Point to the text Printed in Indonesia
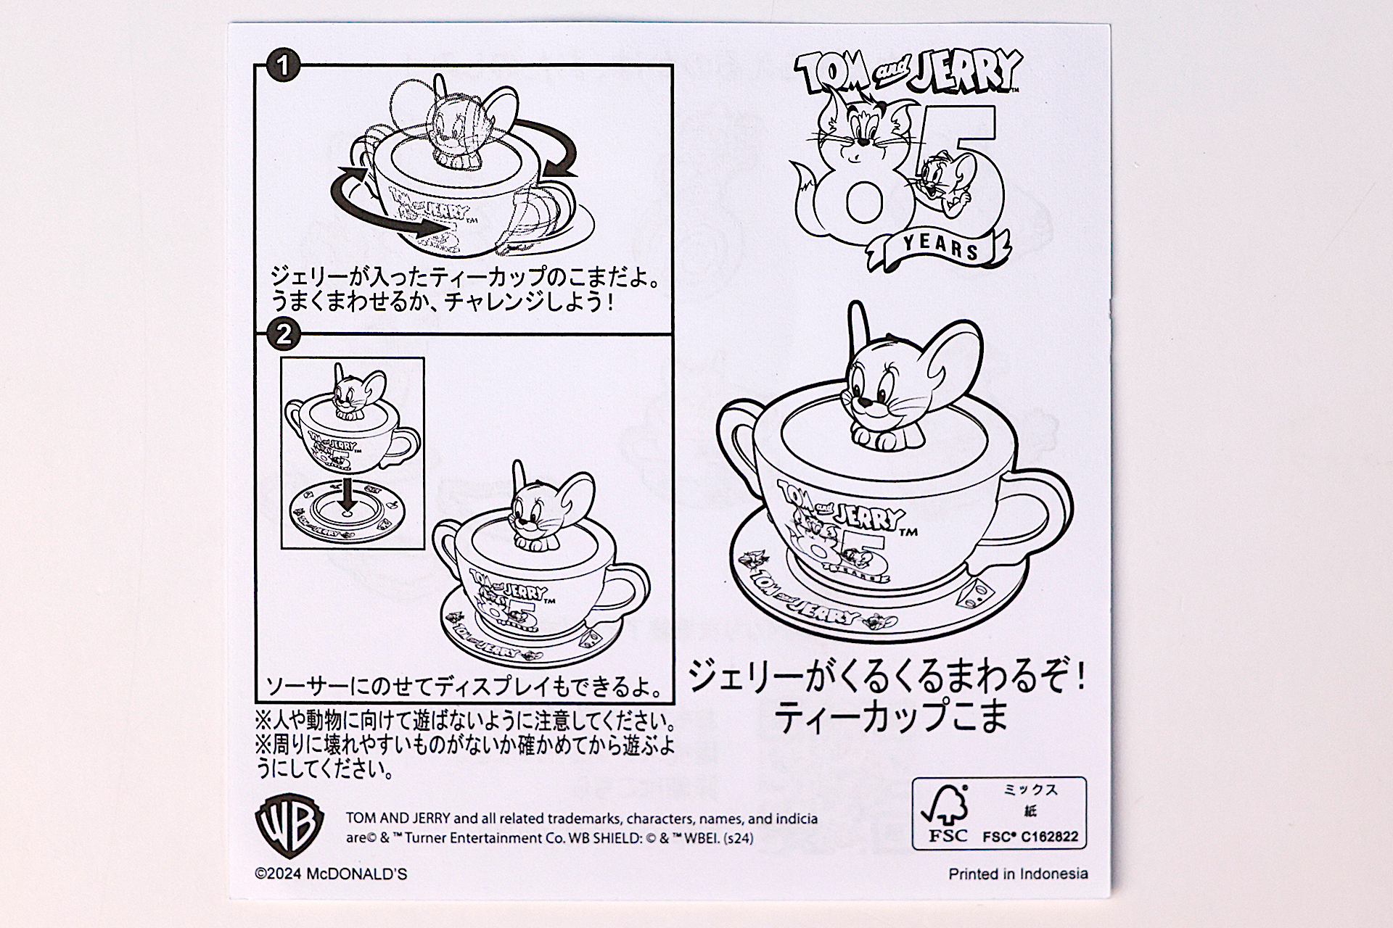pos(1018,874)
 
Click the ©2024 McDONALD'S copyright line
pos(331,874)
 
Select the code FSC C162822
pos(1030,837)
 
